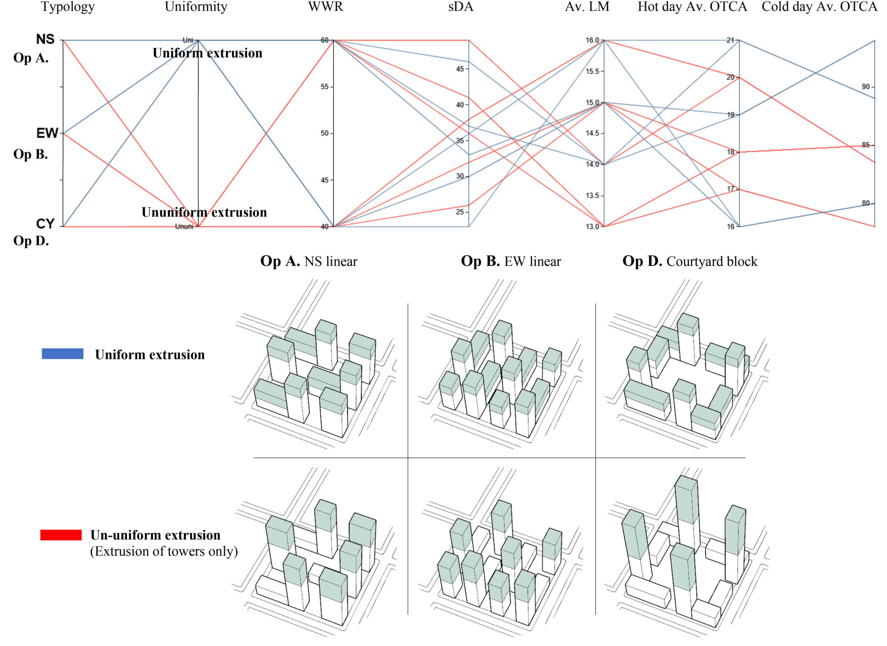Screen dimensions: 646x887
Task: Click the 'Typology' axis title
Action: click(x=68, y=7)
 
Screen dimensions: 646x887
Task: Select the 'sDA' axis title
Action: click(x=461, y=7)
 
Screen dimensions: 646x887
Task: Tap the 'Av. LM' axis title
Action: click(x=587, y=7)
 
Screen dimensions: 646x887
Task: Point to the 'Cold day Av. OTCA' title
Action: click(x=819, y=7)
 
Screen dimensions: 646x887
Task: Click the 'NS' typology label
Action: click(x=45, y=39)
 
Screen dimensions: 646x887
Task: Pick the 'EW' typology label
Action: click(x=47, y=133)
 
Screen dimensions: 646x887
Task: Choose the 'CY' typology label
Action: click(x=45, y=224)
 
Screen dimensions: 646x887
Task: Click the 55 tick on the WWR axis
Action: click(x=325, y=87)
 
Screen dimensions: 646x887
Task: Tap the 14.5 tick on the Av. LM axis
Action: click(x=592, y=133)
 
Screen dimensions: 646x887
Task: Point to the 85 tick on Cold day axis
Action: click(x=866, y=145)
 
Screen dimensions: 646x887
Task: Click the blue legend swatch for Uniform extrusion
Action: click(x=63, y=354)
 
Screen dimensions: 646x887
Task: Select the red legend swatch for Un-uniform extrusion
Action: click(x=61, y=535)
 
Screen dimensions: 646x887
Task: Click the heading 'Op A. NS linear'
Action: click(x=309, y=261)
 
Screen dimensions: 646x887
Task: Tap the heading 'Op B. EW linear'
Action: click(x=511, y=261)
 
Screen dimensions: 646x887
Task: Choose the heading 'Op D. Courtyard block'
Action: click(x=690, y=261)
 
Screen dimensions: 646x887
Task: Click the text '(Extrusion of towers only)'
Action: click(x=164, y=551)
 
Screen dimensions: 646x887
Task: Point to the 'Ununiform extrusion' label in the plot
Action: click(x=204, y=212)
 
